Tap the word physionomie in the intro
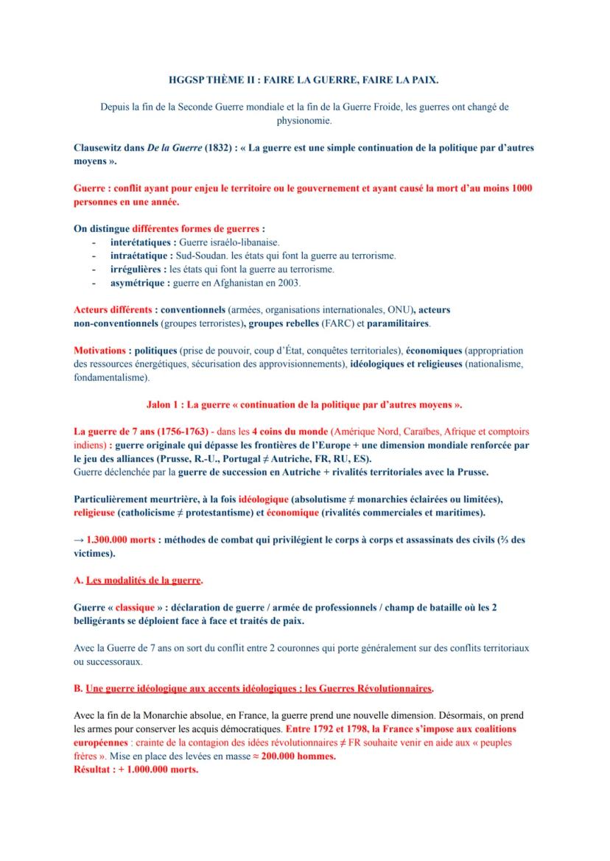click(x=304, y=119)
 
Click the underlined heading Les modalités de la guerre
click(x=144, y=580)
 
